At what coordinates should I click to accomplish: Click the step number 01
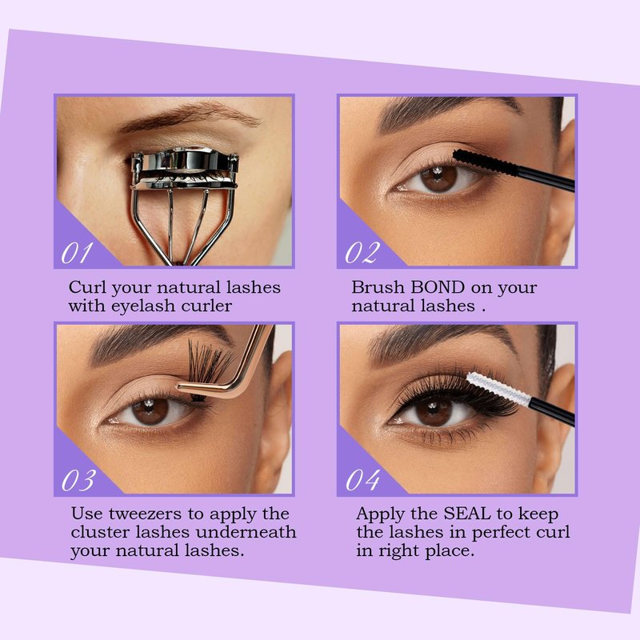(76, 253)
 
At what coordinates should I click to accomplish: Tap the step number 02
(362, 253)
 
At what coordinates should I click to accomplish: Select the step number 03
(78, 480)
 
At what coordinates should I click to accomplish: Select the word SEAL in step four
(467, 514)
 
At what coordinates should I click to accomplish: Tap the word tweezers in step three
(145, 514)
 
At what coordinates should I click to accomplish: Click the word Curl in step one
(87, 287)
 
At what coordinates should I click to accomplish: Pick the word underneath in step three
(246, 532)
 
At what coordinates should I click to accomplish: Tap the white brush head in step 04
(498, 389)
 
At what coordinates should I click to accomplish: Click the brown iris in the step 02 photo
(439, 179)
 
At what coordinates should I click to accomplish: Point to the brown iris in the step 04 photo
(434, 412)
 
